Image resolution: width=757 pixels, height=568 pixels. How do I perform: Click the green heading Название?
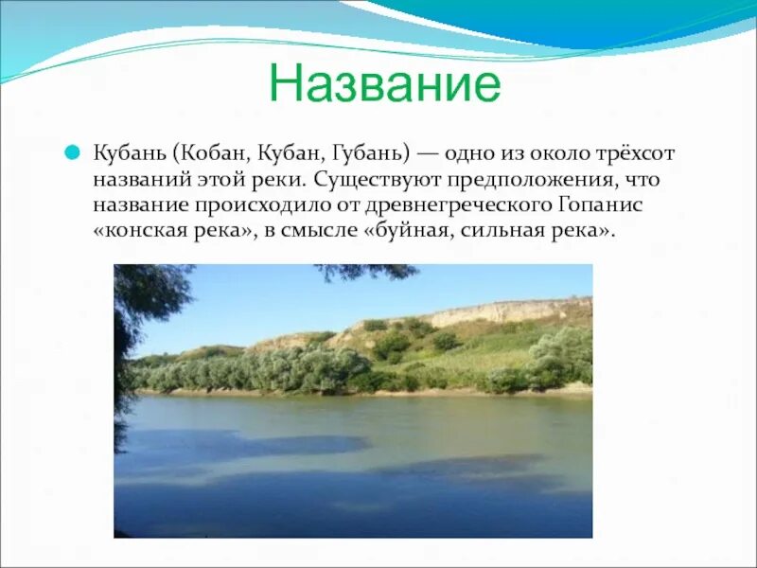click(x=385, y=83)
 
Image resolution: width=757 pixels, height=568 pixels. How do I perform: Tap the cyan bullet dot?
click(x=72, y=152)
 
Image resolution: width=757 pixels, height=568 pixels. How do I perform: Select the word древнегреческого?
click(x=458, y=205)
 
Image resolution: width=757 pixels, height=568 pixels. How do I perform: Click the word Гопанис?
click(x=601, y=204)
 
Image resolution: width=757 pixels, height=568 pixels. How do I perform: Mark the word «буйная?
click(x=407, y=230)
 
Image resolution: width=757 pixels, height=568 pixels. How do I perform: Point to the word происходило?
click(x=262, y=205)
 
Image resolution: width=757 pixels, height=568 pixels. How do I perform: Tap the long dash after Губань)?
click(x=428, y=154)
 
